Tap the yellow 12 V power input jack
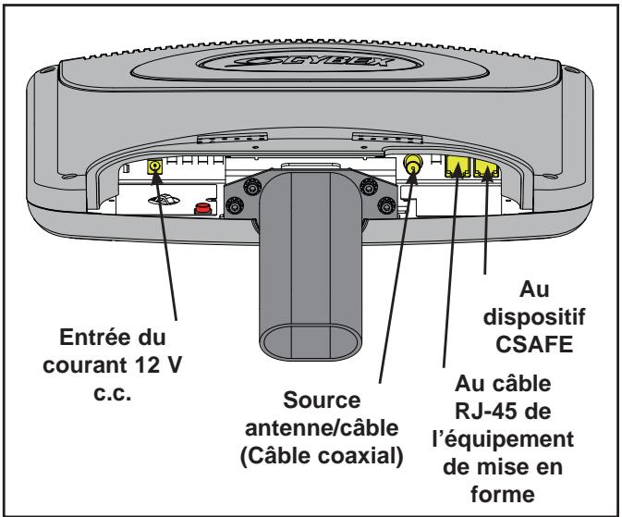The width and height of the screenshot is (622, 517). [x=155, y=166]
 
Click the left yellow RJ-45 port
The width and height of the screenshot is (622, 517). [x=457, y=166]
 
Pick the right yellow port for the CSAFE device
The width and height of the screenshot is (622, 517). [x=487, y=166]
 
